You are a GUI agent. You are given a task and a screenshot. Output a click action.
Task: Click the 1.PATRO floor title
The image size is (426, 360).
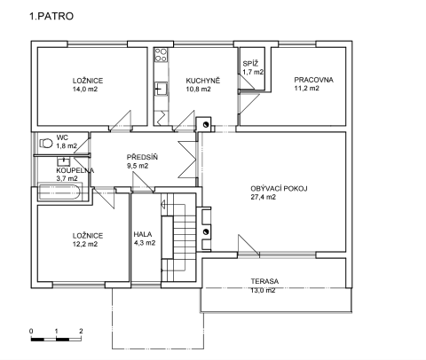pos(51,16)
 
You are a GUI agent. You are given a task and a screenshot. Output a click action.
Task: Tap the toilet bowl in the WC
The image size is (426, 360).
pos(45,143)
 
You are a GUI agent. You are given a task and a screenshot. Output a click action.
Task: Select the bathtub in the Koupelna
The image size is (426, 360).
pos(60,192)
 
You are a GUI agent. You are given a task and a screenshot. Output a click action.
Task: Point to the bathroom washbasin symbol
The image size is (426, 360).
pos(63,161)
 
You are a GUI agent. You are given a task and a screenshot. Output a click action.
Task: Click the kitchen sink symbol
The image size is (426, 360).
pos(161,89)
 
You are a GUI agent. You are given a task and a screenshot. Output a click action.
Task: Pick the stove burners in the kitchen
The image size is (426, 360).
pos(161,55)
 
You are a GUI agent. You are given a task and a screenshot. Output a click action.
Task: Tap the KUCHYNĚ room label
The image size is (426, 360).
pos(203,81)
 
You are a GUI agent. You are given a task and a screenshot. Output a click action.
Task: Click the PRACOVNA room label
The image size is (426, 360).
pos(313,80)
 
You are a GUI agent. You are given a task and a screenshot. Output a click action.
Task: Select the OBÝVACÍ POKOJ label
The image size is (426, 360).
pos(279,188)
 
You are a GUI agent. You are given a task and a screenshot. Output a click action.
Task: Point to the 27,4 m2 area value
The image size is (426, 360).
pos(264,197)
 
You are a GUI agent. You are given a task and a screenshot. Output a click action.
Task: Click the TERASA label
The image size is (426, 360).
pos(264,281)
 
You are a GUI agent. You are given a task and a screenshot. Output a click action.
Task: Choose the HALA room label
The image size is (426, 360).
pos(143,234)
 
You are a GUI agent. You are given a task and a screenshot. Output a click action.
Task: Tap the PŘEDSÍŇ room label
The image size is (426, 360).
pos(142,157)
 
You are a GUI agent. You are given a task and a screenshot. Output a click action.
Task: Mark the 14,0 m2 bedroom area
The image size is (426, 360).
pos(85,89)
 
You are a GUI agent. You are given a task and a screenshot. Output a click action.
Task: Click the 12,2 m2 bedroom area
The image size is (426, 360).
pos(85,244)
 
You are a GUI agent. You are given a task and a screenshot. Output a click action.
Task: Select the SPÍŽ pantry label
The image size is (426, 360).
pos(250,63)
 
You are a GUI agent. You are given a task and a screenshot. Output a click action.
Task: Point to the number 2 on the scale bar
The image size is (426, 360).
pos(81,331)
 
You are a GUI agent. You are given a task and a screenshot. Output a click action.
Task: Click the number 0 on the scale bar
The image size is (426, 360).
pos(31,331)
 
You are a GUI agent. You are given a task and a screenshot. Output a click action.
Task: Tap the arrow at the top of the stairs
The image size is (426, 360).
pos(163,204)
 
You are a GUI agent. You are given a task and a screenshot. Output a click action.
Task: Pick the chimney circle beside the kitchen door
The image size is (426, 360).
pos(206,124)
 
